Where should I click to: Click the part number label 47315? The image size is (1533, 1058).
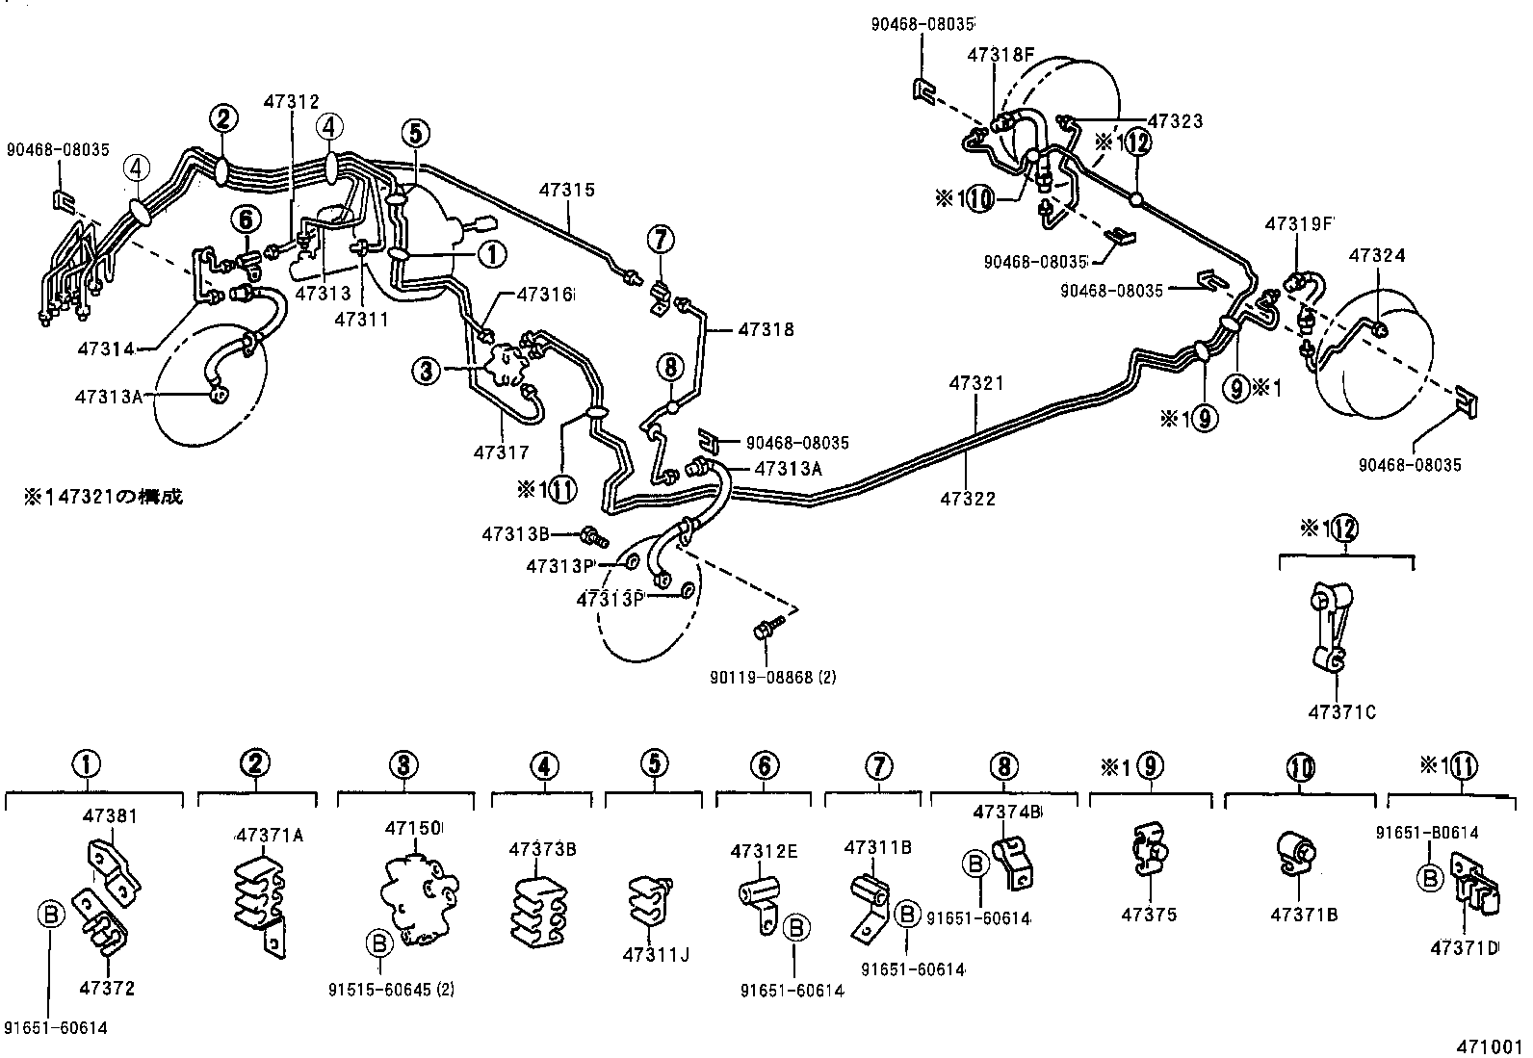(567, 191)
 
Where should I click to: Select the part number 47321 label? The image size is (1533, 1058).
(975, 383)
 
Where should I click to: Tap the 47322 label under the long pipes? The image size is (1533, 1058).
(968, 499)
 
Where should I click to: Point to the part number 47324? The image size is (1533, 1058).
(1377, 256)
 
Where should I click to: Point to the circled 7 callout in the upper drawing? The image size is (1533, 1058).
(660, 237)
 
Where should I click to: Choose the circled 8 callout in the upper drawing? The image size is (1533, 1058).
(670, 366)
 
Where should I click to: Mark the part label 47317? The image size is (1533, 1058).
(501, 452)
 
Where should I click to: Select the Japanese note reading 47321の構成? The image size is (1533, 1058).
(103, 497)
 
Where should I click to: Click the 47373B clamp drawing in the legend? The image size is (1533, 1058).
(539, 907)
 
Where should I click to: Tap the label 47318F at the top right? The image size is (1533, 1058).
(1000, 55)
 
